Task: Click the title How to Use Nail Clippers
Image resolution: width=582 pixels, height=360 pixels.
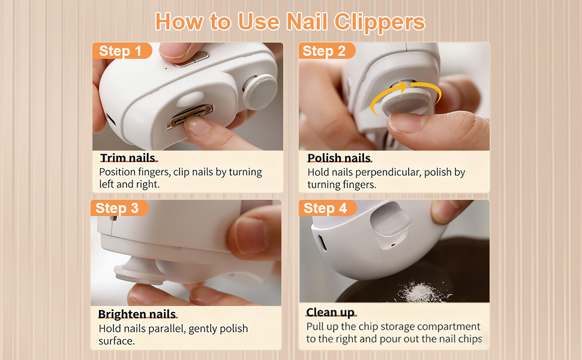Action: (x=290, y=22)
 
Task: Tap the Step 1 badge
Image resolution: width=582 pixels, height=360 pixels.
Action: (x=122, y=51)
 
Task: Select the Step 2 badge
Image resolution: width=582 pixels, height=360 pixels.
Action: (x=326, y=51)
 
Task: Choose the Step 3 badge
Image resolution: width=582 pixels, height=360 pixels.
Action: (x=119, y=208)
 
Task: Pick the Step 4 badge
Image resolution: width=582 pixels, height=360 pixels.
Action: (x=328, y=208)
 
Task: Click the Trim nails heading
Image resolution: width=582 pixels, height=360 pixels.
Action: (x=128, y=158)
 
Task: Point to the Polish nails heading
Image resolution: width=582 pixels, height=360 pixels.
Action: (x=339, y=158)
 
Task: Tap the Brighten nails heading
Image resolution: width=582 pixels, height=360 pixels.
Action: (x=137, y=314)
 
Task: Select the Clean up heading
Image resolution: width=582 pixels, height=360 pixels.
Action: (x=331, y=313)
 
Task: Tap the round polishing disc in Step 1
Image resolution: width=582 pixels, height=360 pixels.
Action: (x=260, y=91)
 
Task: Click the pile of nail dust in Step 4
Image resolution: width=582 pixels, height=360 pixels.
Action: (x=423, y=292)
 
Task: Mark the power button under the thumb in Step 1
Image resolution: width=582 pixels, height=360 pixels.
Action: (x=192, y=59)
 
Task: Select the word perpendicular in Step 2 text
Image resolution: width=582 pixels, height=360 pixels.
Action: (x=388, y=173)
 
